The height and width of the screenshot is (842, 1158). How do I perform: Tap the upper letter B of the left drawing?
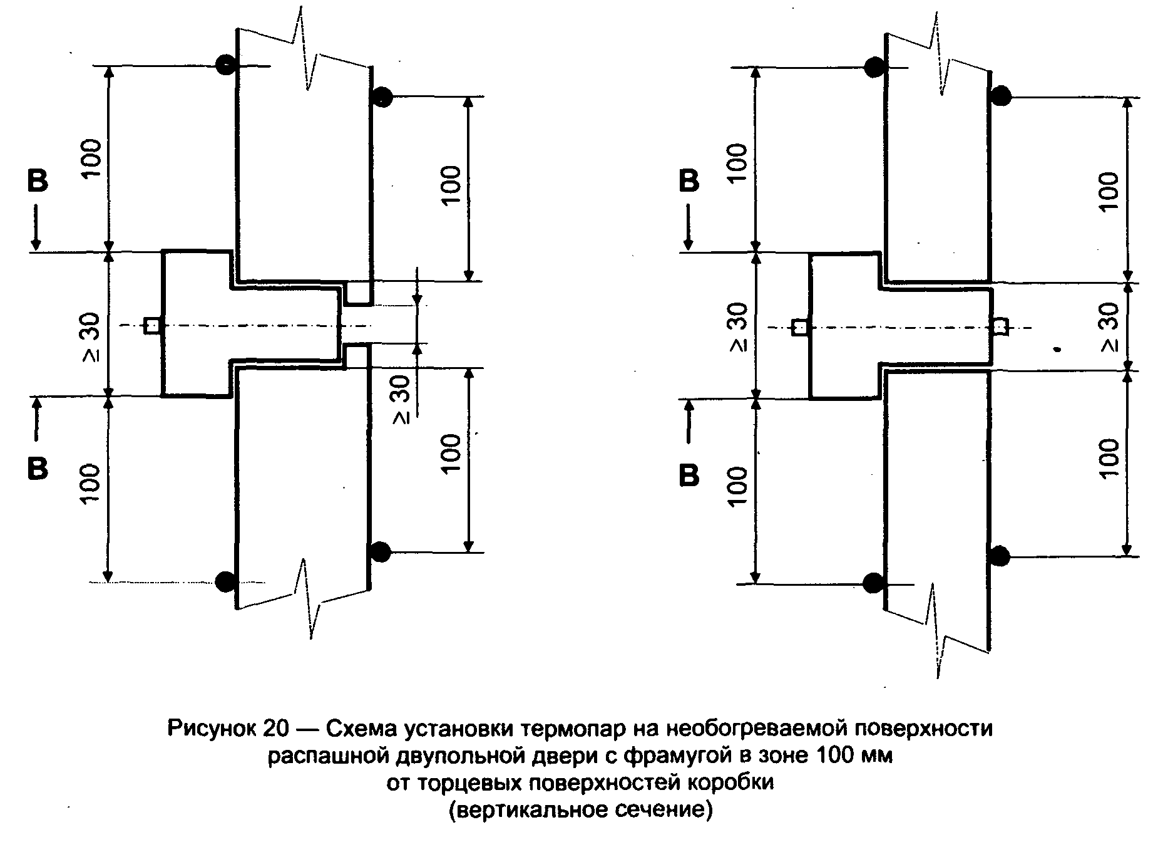pos(37,180)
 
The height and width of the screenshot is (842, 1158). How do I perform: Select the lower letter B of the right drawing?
pos(689,476)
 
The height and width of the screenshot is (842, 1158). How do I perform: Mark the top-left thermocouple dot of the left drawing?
pos(225,63)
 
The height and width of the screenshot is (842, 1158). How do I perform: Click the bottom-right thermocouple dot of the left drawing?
pos(380,552)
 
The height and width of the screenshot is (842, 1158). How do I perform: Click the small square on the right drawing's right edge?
pos(1000,327)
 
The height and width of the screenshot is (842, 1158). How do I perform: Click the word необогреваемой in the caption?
pos(743,730)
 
